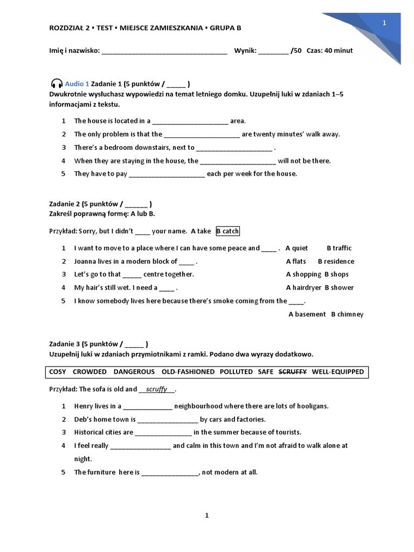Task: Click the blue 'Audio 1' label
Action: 77,84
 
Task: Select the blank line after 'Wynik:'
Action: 273,51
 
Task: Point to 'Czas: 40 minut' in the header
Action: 329,51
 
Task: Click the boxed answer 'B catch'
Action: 227,231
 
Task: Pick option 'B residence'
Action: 336,261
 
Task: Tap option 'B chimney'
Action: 347,314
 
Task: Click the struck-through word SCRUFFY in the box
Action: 292,372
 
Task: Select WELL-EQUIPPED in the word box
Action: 338,372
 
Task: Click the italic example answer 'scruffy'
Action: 157,389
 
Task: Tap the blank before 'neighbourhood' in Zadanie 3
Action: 148,406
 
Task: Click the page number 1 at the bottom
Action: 206,516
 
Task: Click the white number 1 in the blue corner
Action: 384,23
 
